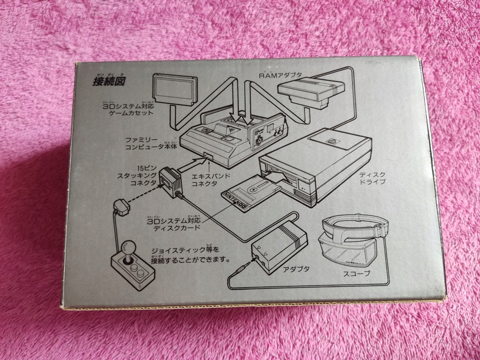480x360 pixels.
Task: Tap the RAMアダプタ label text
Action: [280, 75]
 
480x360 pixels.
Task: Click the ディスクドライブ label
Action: [370, 179]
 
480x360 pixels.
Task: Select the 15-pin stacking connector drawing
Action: [170, 182]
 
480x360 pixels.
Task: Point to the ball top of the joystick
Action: [128, 247]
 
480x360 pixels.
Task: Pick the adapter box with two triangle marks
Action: [280, 246]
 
